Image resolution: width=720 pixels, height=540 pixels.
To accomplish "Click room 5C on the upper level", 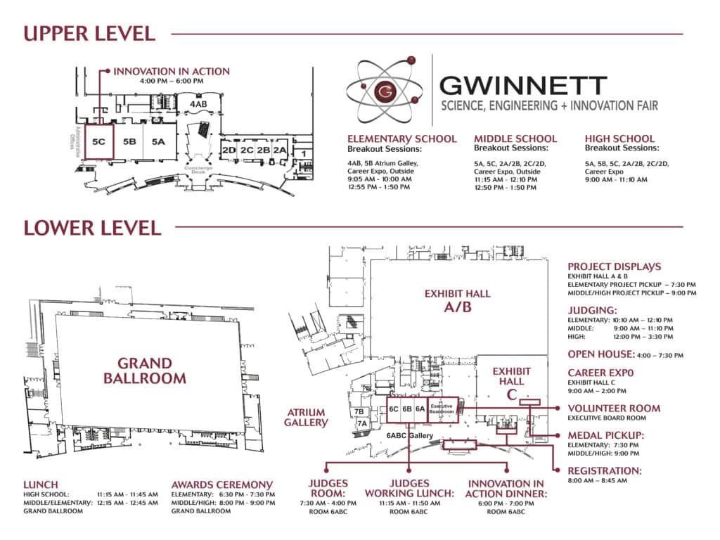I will [x=99, y=141].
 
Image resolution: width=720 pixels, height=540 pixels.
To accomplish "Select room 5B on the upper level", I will [x=129, y=141].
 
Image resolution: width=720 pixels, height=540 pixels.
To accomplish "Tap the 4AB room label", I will [x=198, y=104].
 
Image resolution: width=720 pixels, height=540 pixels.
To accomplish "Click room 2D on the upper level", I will [x=229, y=150].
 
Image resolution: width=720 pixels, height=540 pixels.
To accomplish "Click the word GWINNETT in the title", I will [x=522, y=86].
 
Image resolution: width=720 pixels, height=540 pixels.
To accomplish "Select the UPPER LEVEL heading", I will [x=89, y=33].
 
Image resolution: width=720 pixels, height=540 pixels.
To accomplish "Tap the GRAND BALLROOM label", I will [x=145, y=371].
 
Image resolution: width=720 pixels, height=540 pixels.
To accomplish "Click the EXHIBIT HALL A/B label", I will [x=456, y=301].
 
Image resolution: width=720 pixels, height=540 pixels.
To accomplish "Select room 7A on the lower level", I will [x=361, y=423].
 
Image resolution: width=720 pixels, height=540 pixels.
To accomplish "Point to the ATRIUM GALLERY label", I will [x=306, y=418].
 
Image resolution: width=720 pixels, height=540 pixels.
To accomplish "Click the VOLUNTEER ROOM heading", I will [x=614, y=408].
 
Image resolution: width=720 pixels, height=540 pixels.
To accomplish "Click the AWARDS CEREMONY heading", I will [x=222, y=484].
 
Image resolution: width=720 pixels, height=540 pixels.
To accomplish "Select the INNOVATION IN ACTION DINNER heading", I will [x=506, y=489].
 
